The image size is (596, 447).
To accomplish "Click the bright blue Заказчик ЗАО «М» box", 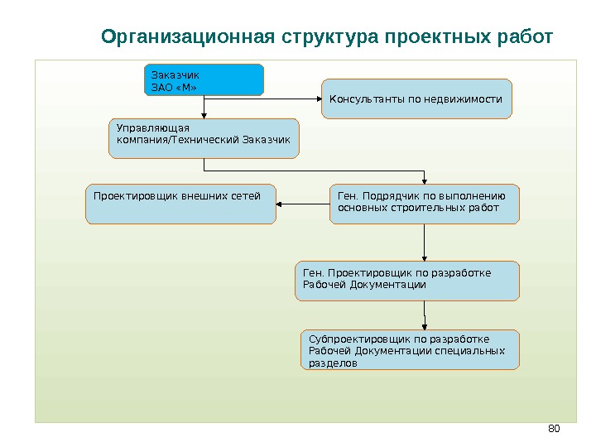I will pos(204,79).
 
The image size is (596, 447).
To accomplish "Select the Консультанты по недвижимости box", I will pos(416,99).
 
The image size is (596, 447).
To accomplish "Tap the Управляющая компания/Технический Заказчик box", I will pos(204,138).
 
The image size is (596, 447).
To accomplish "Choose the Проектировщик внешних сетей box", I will pos(180,204).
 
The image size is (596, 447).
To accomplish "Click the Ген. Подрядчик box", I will pos(425,204).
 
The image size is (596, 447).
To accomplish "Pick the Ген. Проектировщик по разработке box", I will pos(407,281).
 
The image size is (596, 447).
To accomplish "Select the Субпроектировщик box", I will pos(411,350).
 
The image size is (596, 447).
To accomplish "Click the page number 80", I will pos(555,428).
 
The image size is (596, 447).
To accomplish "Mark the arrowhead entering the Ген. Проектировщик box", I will pos(424,257).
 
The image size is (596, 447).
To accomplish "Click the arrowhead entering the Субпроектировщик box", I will pos(425,326).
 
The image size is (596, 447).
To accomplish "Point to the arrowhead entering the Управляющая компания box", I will pos(204,115).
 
